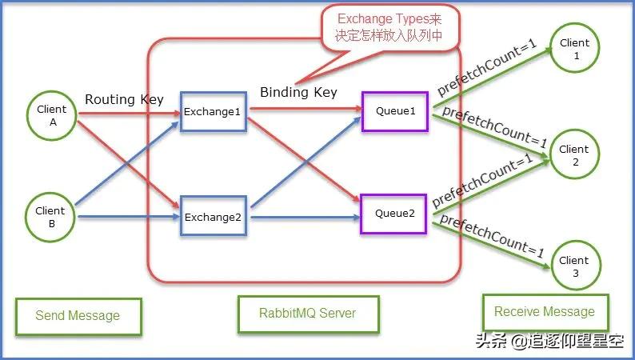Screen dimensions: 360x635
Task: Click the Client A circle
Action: click(52, 118)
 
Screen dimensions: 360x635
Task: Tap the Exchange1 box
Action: click(212, 112)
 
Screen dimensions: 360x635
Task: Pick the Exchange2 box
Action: click(212, 216)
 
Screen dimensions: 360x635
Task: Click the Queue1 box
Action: click(396, 110)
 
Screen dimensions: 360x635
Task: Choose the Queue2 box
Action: click(396, 214)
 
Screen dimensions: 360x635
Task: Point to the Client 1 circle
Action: click(574, 49)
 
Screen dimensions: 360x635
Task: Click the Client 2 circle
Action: click(573, 155)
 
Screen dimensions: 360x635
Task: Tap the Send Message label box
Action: click(78, 316)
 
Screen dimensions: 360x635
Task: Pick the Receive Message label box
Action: click(544, 312)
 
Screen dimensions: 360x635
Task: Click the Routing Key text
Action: click(124, 100)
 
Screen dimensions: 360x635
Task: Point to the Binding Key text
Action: click(298, 93)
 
